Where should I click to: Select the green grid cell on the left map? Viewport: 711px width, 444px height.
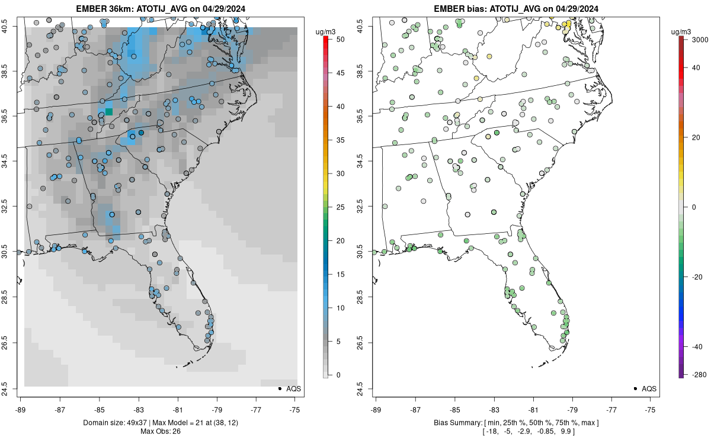109,112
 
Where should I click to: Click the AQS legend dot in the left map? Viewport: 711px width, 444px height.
279,388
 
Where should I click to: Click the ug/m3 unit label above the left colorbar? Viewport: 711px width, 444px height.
324,30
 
